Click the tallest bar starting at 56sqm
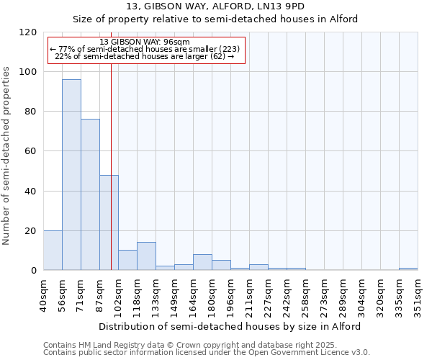(x=71, y=175)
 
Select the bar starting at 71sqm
(x=90, y=194)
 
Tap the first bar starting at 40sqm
(x=53, y=251)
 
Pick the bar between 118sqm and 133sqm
(x=146, y=256)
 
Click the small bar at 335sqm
(x=408, y=269)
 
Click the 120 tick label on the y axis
(x=27, y=32)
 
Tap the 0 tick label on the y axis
(x=33, y=271)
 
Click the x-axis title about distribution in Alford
(x=230, y=326)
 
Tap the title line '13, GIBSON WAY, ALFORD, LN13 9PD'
(x=215, y=6)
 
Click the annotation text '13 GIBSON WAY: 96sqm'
(x=145, y=42)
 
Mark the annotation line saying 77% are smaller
(x=145, y=49)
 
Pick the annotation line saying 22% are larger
(x=145, y=56)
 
